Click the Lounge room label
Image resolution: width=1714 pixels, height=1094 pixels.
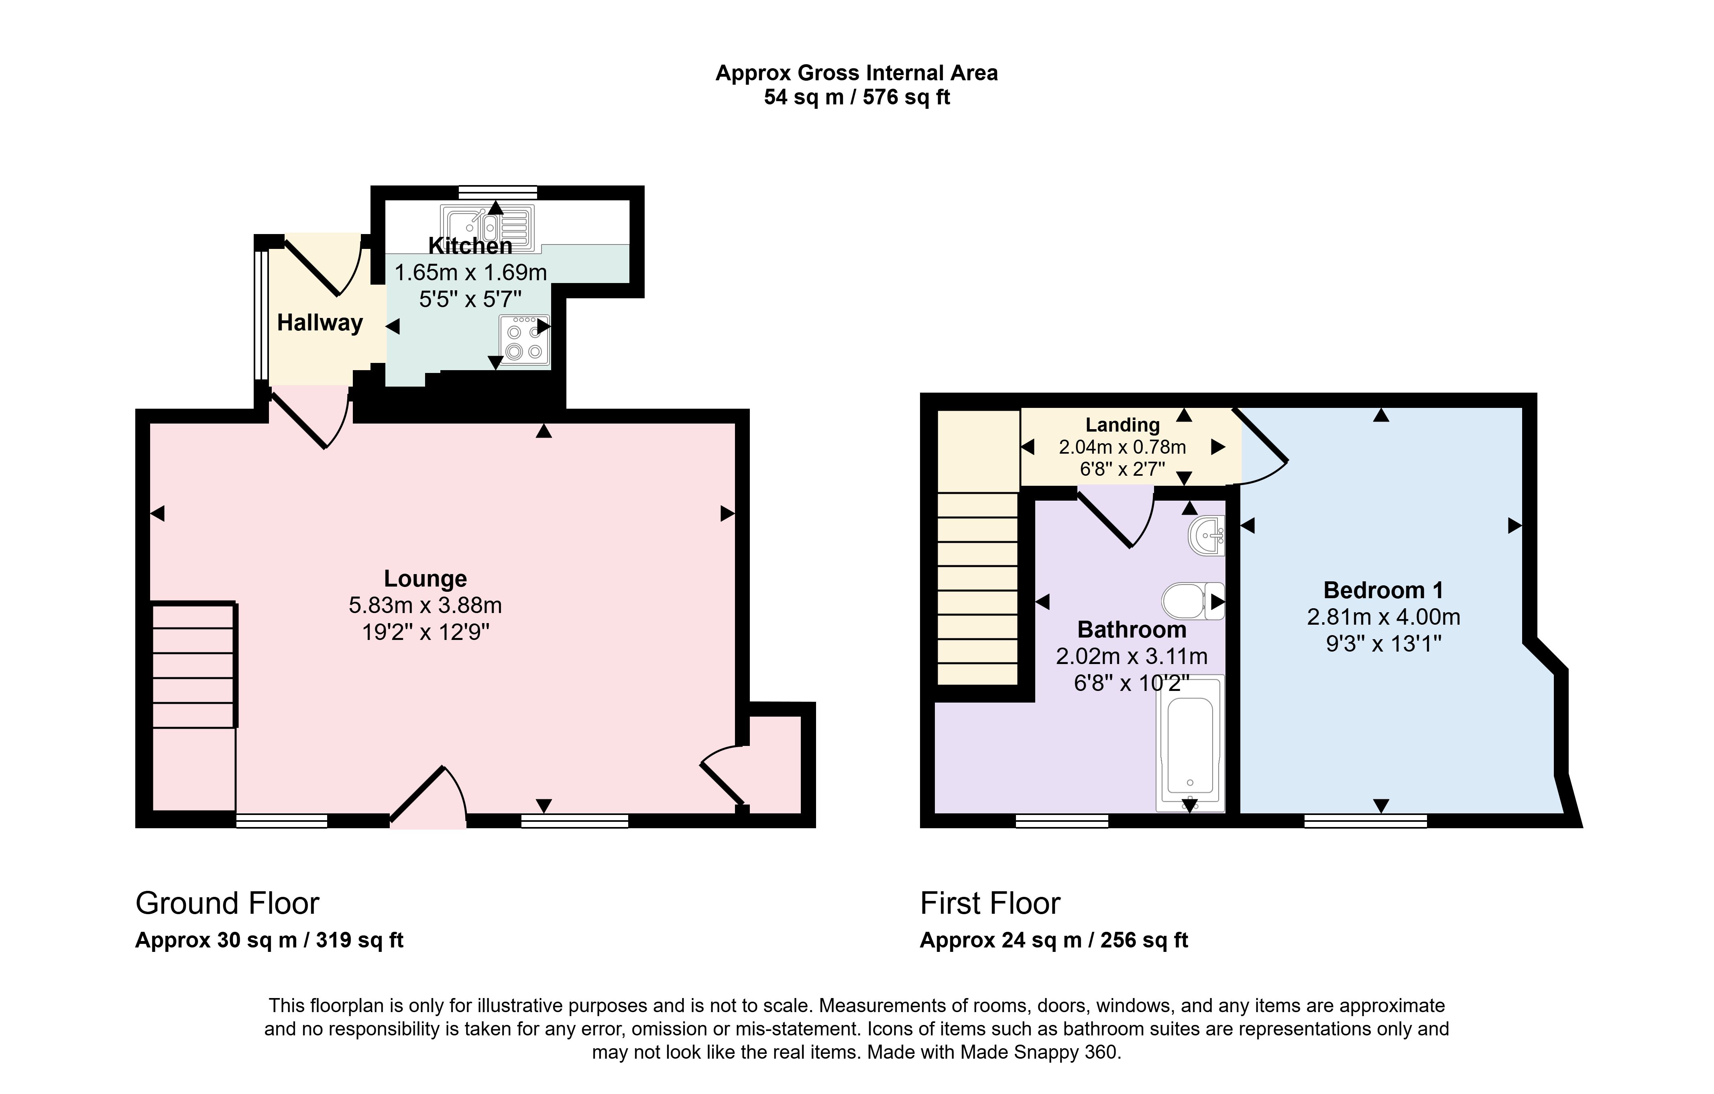coord(425,579)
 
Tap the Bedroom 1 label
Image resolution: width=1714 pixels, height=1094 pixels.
coord(1383,590)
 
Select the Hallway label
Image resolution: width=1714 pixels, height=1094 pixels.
coord(320,322)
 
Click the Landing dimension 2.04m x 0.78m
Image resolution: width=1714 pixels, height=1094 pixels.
coord(1122,447)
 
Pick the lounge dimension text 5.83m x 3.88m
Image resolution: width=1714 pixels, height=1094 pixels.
coord(425,605)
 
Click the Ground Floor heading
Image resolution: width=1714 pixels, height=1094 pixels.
coord(227,903)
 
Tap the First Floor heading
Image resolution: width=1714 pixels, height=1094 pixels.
coord(990,903)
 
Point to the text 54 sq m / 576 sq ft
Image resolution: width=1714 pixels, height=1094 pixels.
coord(856,97)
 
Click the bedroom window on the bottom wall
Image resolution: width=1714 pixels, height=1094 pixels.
coord(1365,821)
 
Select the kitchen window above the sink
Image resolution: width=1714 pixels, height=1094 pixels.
coord(498,192)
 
